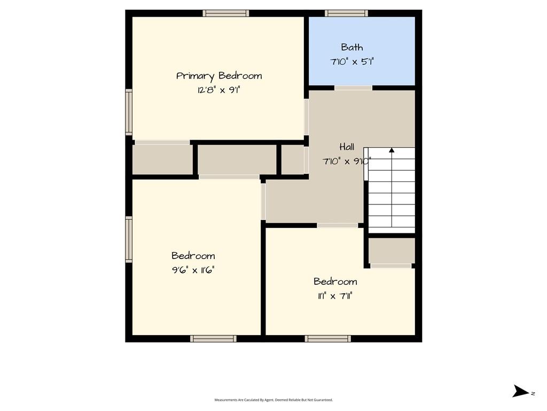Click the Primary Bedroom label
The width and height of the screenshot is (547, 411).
pos(218,76)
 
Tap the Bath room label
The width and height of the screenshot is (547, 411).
pos(351,47)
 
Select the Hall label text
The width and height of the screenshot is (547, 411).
pos(347,147)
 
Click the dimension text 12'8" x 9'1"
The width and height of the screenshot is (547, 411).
pos(218,90)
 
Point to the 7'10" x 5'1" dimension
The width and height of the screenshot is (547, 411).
pos(351,62)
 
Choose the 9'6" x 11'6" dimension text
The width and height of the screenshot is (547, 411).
pos(193,270)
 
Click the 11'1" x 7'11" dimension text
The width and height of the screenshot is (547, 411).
pos(335,296)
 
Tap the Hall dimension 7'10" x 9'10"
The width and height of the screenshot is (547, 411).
pos(346,161)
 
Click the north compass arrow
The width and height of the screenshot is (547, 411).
pos(521,391)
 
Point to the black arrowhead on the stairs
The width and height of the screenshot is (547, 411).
pos(392,150)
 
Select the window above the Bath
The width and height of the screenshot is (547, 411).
pos(346,13)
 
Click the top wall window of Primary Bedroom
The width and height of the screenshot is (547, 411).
pos(226,13)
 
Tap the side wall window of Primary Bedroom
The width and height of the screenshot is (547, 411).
pos(129,112)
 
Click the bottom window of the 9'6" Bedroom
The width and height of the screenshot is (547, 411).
pos(213,338)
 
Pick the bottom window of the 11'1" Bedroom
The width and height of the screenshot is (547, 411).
pos(327,338)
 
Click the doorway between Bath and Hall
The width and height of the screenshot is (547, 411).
pos(354,88)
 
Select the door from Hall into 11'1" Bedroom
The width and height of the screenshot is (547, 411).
pos(338,225)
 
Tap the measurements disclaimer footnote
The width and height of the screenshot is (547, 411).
pos(273,400)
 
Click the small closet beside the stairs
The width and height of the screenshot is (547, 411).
pos(392,250)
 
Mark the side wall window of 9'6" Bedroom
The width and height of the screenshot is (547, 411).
pos(129,239)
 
